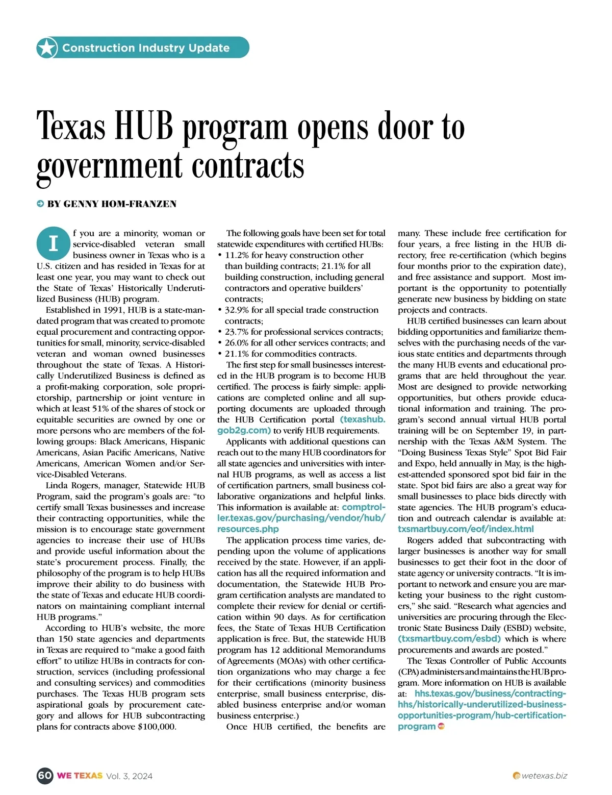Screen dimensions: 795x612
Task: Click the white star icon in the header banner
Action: pyautogui.click(x=47, y=48)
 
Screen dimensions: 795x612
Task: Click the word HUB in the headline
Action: pyautogui.click(x=144, y=126)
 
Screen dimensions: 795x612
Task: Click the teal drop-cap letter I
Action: pyautogui.click(x=53, y=243)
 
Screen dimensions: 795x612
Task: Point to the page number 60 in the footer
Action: pyautogui.click(x=45, y=776)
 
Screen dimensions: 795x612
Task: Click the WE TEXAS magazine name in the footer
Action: pyautogui.click(x=80, y=776)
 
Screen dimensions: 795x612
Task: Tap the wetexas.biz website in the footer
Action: pyautogui.click(x=544, y=776)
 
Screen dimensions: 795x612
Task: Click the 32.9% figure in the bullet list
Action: pyautogui.click(x=240, y=310)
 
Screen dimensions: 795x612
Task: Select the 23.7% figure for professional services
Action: pyautogui.click(x=240, y=332)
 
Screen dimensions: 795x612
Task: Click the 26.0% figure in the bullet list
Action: pyautogui.click(x=240, y=343)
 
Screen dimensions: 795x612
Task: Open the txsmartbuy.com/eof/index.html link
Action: pyautogui.click(x=466, y=529)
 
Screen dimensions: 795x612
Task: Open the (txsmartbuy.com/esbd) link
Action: pyautogui.click(x=449, y=639)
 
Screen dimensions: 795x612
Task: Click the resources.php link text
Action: pyautogui.click(x=248, y=529)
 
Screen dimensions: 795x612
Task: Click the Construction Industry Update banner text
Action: pyautogui.click(x=146, y=48)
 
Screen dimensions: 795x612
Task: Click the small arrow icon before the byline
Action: pyautogui.click(x=40, y=204)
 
